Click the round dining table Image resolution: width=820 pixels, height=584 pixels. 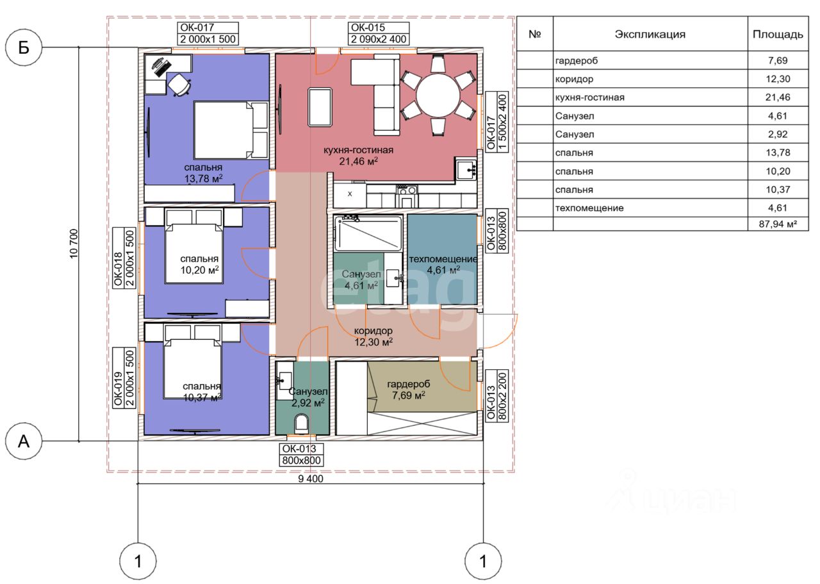[438, 95]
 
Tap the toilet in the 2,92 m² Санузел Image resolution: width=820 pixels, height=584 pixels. [301, 423]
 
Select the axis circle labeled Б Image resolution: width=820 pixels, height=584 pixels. [24, 47]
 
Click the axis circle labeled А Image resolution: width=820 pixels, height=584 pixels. [24, 441]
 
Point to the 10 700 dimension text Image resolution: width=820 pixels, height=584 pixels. [74, 244]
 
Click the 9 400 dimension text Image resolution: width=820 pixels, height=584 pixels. [311, 479]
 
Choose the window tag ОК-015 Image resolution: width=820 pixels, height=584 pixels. [368, 28]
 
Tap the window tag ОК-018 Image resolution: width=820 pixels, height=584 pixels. [118, 269]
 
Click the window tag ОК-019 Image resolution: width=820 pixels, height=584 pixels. [118, 388]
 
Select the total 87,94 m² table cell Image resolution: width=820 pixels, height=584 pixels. [778, 224]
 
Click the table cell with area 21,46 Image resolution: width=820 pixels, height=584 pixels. [778, 97]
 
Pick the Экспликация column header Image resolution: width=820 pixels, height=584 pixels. [650, 35]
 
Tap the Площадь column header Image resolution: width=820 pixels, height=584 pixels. [778, 35]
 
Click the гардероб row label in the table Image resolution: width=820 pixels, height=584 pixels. [576, 60]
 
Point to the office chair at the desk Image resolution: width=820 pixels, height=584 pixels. [179, 85]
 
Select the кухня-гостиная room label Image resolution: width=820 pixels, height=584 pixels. [358, 150]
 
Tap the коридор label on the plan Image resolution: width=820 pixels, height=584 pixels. [373, 331]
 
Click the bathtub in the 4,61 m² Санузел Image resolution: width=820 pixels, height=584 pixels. [368, 233]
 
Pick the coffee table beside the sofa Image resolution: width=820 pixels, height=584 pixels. [320, 107]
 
